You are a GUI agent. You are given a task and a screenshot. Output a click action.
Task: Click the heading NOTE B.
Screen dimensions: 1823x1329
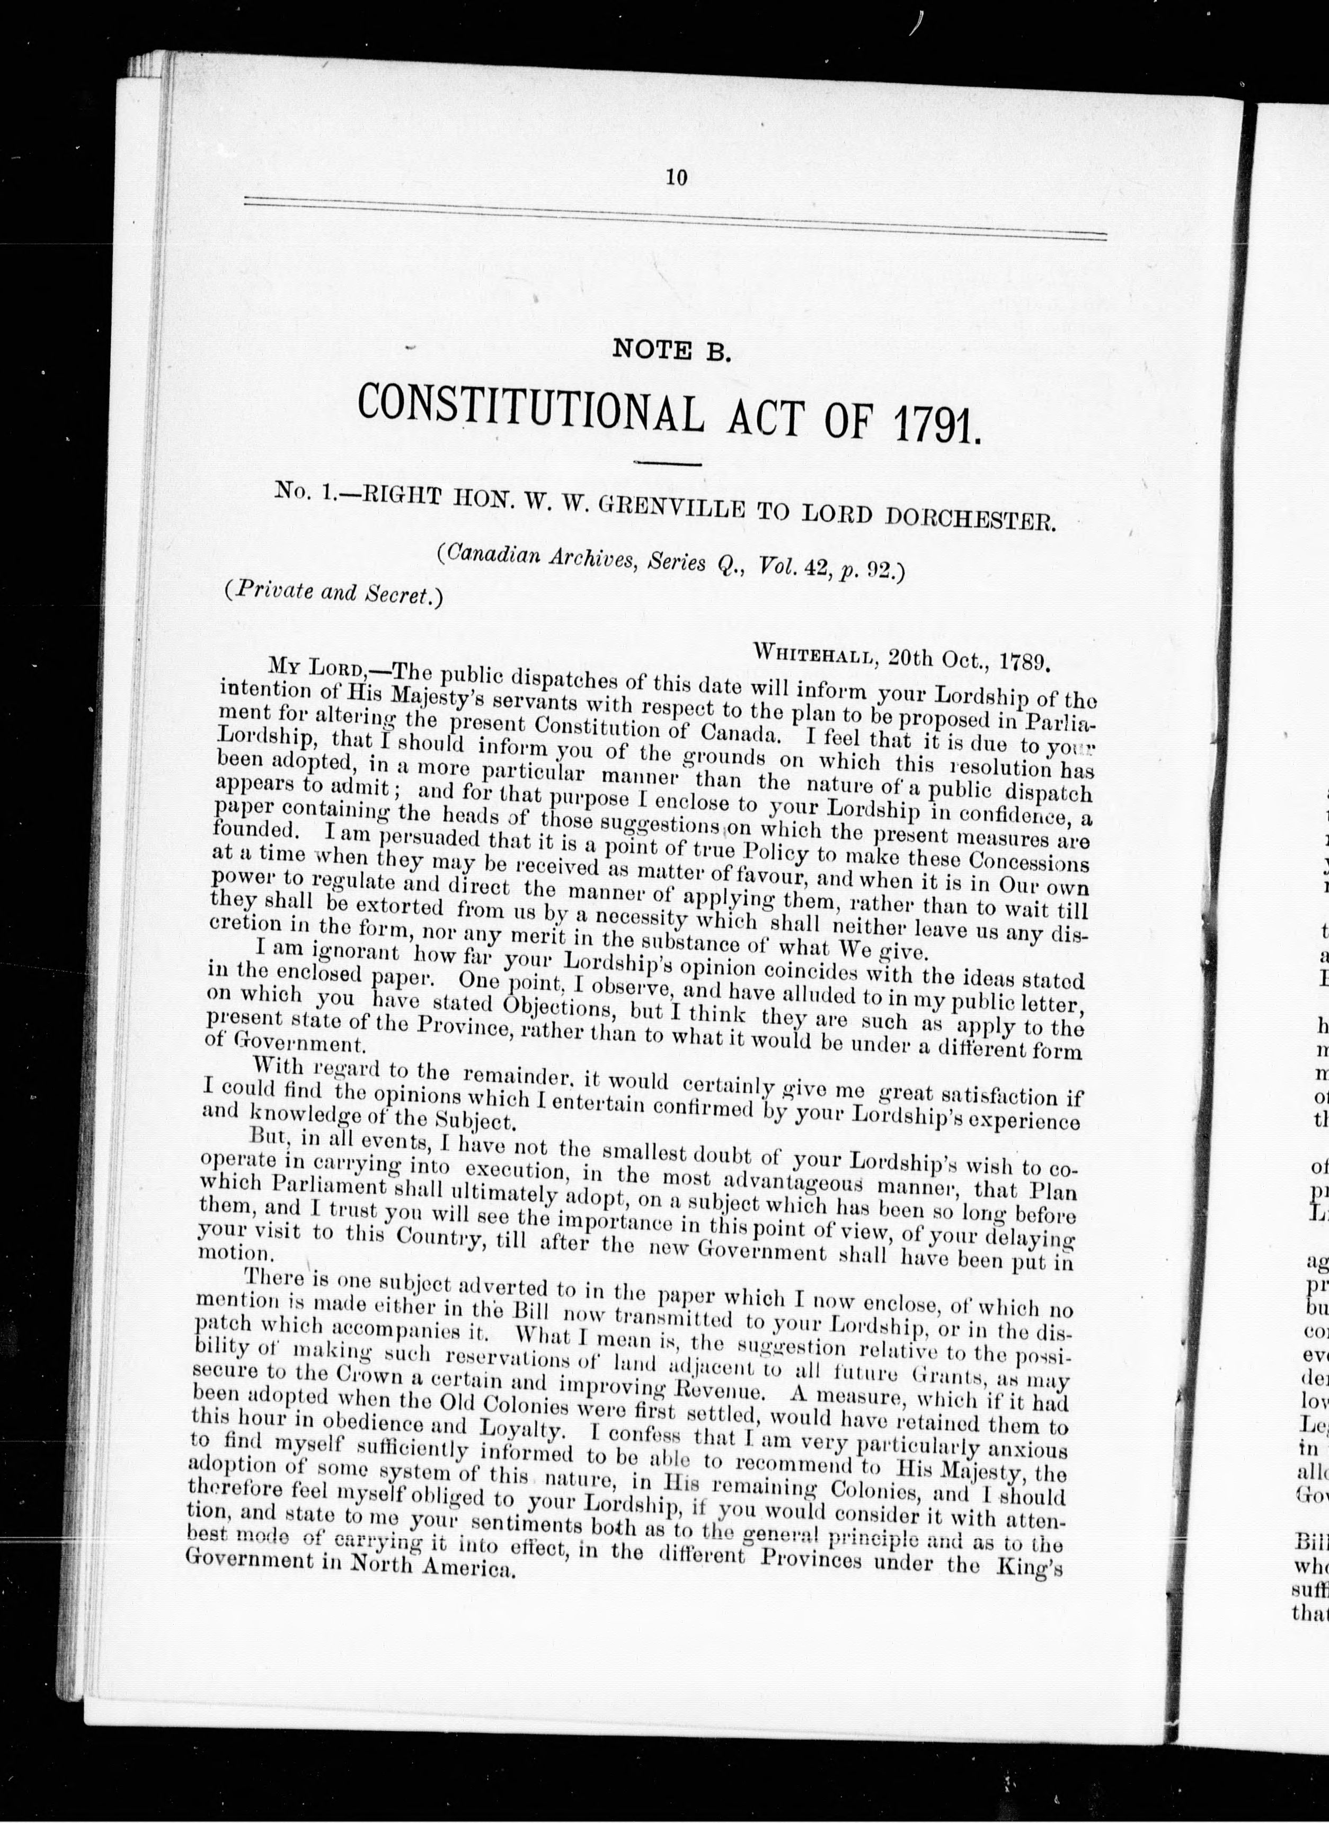(672, 351)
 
